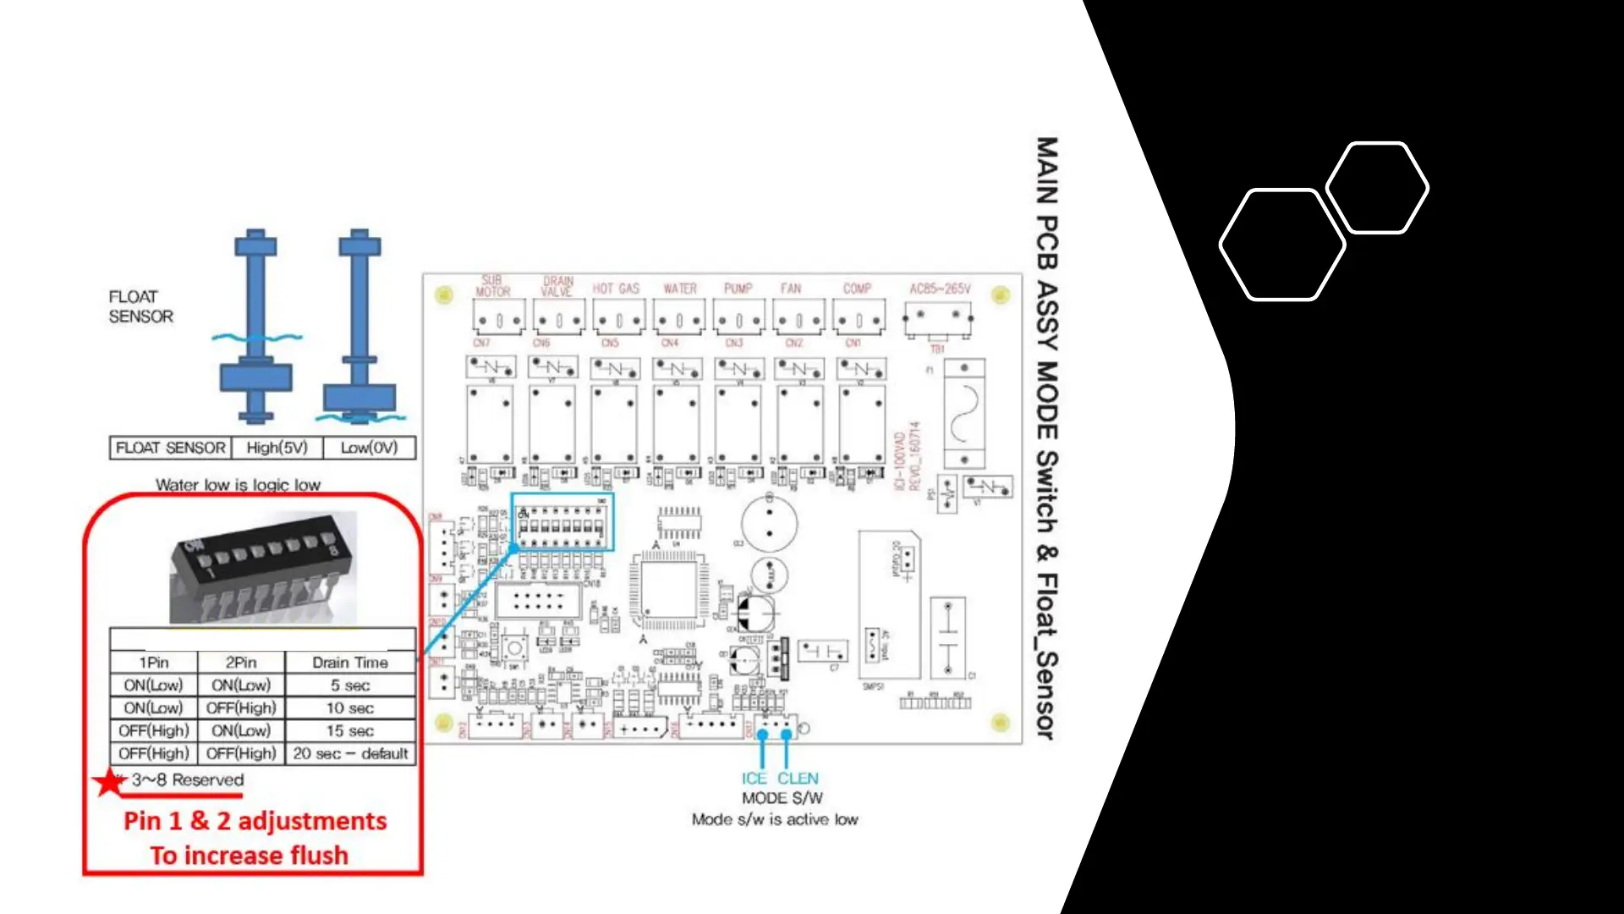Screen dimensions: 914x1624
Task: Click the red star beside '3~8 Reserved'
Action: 110,782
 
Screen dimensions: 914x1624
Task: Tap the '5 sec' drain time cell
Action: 350,685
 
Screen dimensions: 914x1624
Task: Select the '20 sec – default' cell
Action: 350,753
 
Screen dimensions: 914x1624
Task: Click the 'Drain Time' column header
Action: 350,663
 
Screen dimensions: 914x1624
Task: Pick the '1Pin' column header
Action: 154,663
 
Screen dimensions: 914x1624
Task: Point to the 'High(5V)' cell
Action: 277,448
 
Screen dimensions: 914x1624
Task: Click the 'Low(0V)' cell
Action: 369,448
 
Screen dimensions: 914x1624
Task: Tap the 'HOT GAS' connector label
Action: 616,289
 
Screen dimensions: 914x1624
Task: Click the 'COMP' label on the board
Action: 857,289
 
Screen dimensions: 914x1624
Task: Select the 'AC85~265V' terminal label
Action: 940,289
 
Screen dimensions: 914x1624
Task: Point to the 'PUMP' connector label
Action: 738,289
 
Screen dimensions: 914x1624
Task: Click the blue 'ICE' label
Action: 754,779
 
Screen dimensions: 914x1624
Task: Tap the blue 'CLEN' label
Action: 798,779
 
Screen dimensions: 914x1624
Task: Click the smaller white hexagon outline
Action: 1377,187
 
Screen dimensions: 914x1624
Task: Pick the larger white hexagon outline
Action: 1282,245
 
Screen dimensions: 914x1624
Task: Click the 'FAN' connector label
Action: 791,289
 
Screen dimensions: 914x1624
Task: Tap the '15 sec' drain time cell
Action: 350,730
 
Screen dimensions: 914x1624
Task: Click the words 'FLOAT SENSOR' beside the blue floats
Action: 140,306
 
